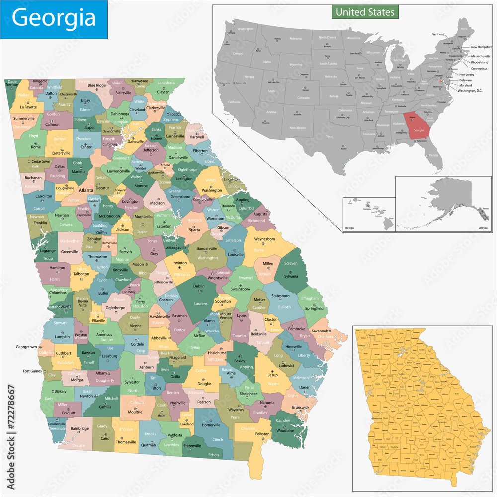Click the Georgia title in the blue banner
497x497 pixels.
click(x=54, y=18)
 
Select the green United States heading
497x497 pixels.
click(x=365, y=12)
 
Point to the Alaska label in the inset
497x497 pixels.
click(x=483, y=227)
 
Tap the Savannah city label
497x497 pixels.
click(x=321, y=331)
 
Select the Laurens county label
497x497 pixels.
click(x=201, y=303)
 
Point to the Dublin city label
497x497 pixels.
click(x=199, y=286)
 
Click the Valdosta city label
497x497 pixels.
click(x=175, y=435)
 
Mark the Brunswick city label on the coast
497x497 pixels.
click(x=300, y=407)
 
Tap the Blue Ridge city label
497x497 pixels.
click(x=97, y=85)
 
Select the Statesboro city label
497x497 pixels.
click(x=280, y=296)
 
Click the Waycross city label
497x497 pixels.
click(x=236, y=410)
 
